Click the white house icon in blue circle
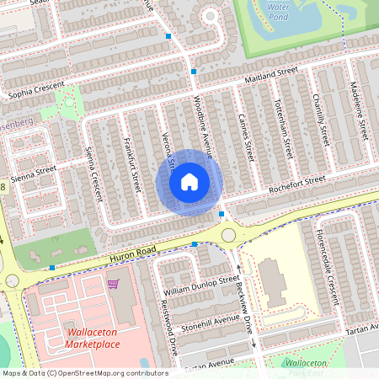[189, 182]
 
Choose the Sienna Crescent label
[93, 173]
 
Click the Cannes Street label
[247, 136]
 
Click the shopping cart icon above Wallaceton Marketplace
[113, 284]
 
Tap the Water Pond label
[278, 11]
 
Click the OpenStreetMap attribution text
[85, 372]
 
